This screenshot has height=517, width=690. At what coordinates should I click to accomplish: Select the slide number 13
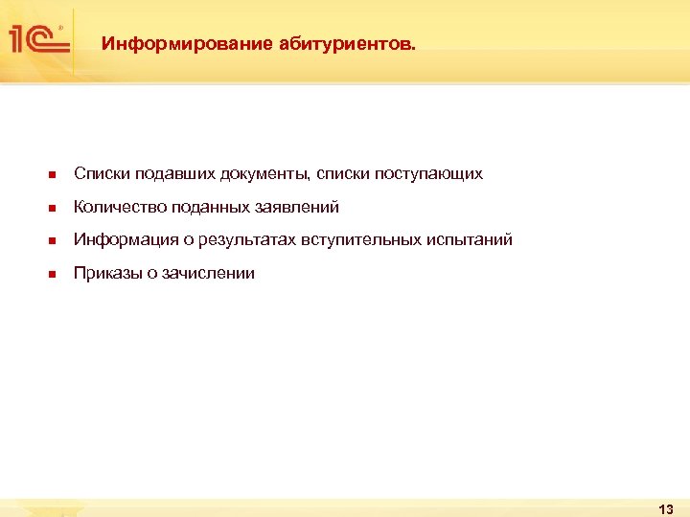667,508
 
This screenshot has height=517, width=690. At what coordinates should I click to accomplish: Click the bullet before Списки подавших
53,175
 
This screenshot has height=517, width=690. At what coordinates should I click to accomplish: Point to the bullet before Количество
53,208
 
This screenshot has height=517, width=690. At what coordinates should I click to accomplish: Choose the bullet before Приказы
53,274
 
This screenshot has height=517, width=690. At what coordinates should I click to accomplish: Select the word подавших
174,174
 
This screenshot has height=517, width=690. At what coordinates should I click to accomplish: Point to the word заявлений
297,207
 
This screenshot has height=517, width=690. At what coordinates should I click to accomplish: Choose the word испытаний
467,239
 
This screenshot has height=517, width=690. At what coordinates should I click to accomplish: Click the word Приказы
108,273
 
